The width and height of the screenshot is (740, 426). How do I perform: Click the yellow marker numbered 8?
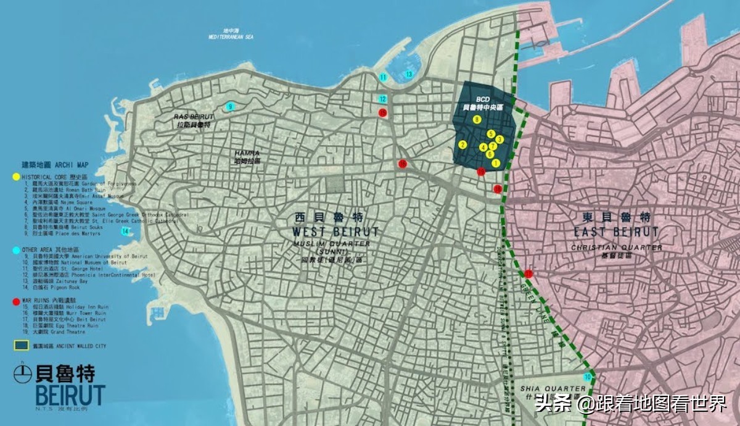pyautogui.click(x=477, y=119)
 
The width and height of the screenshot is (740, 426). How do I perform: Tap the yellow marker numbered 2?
pyautogui.click(x=462, y=144)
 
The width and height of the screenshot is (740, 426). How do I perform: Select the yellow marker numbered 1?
pyautogui.click(x=495, y=163)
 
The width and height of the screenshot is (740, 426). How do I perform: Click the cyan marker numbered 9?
pyautogui.click(x=230, y=106)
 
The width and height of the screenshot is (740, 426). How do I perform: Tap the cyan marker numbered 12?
pyautogui.click(x=383, y=99)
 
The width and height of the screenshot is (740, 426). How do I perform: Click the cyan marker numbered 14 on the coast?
pyautogui.click(x=126, y=232)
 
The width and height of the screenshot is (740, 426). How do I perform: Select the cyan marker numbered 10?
pyautogui.click(x=588, y=377)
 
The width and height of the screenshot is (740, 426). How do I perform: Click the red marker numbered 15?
pyautogui.click(x=382, y=112)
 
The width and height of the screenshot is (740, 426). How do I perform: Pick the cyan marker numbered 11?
pyautogui.click(x=383, y=77)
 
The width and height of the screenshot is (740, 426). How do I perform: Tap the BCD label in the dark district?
pyautogui.click(x=482, y=99)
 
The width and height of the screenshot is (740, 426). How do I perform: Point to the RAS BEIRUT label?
pyautogui.click(x=193, y=117)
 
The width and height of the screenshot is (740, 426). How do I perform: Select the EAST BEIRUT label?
pyautogui.click(x=616, y=232)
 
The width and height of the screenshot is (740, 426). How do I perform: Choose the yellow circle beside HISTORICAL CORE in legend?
pyautogui.click(x=16, y=177)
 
